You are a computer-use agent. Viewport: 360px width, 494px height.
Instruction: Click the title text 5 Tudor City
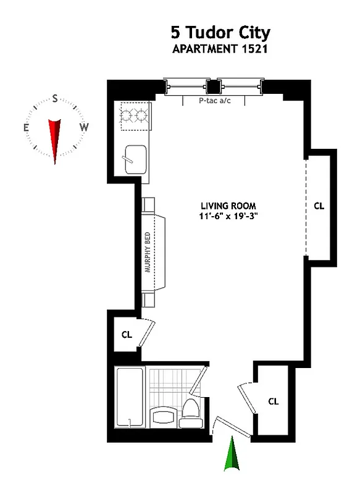click(220, 32)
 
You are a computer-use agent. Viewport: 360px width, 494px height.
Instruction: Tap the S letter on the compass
click(55, 98)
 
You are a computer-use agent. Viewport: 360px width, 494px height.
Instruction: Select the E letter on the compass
click(26, 128)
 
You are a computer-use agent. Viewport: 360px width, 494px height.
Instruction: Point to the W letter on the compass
click(85, 127)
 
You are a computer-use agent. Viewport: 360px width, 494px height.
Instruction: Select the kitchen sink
click(135, 159)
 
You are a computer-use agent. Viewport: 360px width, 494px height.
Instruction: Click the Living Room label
click(228, 206)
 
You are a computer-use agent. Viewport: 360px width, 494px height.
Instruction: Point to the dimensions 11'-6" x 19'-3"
click(228, 216)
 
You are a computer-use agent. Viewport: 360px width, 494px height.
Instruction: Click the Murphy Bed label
click(147, 253)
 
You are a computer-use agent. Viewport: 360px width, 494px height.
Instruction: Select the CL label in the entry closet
click(274, 401)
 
